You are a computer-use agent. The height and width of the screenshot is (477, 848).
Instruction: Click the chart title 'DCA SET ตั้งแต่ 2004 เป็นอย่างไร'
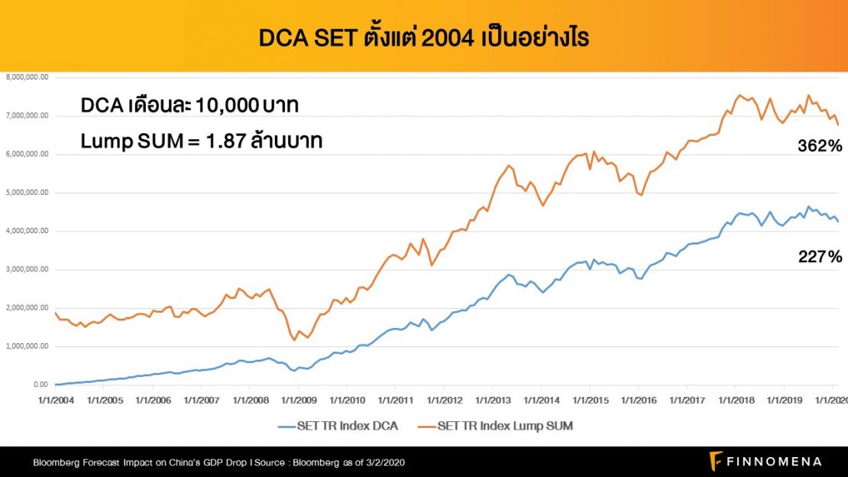pyautogui.click(x=423, y=37)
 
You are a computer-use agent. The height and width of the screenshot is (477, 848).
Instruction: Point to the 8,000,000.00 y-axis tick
pyautogui.click(x=28, y=77)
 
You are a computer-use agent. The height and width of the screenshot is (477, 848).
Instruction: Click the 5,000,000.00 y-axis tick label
pyautogui.click(x=28, y=193)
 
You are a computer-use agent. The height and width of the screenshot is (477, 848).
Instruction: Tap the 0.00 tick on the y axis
pyautogui.click(x=38, y=385)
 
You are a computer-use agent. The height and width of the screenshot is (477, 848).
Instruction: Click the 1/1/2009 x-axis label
pyautogui.click(x=297, y=400)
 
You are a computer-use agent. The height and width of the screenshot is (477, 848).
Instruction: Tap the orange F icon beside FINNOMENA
pyautogui.click(x=716, y=461)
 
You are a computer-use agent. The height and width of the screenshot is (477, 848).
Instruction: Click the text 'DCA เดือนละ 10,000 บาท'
pyautogui.click(x=189, y=107)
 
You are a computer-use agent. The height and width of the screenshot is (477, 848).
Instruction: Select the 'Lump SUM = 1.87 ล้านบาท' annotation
pyautogui.click(x=201, y=141)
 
